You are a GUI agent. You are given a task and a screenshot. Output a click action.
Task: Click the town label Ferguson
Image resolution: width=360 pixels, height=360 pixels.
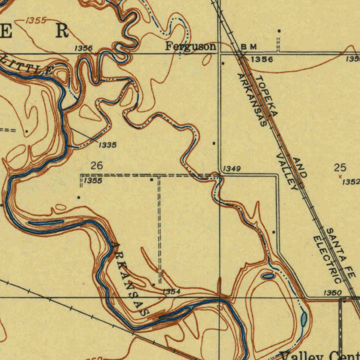(191, 47)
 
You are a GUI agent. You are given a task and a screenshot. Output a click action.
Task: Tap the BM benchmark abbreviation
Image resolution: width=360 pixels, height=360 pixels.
(249, 47)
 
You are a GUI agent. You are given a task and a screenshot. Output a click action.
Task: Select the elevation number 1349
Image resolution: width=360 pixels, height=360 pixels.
(232, 169)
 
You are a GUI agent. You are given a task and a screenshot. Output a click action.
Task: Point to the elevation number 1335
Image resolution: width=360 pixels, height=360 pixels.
(107, 145)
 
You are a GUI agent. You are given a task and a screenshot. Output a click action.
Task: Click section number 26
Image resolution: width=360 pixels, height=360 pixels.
(97, 165)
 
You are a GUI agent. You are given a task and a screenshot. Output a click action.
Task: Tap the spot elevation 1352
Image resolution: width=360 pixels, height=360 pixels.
(351, 182)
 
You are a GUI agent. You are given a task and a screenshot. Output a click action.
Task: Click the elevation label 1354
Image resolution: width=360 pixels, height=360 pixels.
(172, 291)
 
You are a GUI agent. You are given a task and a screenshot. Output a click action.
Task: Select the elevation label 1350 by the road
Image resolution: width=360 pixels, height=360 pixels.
(332, 293)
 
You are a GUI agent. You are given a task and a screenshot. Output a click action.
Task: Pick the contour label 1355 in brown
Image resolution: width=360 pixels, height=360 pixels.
(36, 20)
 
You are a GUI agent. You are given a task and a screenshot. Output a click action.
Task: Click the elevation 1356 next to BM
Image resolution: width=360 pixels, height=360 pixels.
(262, 59)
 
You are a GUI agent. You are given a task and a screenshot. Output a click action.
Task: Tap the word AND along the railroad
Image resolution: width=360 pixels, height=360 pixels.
(300, 167)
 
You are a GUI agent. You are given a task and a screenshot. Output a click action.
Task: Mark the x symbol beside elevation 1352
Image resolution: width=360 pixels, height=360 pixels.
(340, 176)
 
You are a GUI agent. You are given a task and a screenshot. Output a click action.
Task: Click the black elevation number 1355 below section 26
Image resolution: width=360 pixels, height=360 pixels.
(93, 181)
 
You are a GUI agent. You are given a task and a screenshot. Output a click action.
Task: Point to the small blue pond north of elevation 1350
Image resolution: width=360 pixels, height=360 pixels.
(268, 276)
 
